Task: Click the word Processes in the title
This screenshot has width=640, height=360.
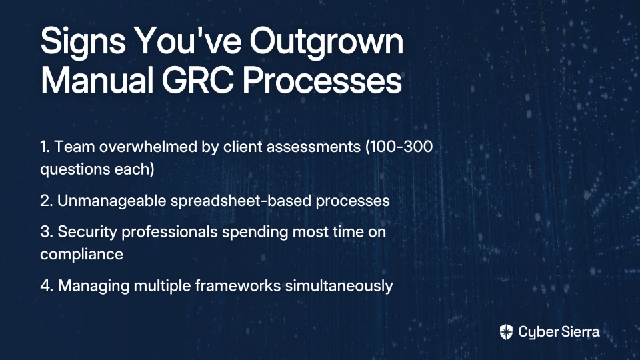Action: click(x=322, y=80)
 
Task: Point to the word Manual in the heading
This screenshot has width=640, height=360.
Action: click(x=97, y=80)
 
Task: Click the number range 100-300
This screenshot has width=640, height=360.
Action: click(x=399, y=147)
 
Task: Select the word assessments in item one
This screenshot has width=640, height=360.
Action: click(x=313, y=147)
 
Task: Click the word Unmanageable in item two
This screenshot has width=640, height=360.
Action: click(x=111, y=201)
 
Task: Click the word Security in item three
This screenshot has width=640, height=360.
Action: click(x=87, y=232)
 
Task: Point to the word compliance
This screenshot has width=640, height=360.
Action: click(x=81, y=255)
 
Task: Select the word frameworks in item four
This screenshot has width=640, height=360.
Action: click(x=237, y=286)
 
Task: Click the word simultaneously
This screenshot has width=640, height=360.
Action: click(x=339, y=286)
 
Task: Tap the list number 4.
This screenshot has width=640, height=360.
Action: click(x=47, y=286)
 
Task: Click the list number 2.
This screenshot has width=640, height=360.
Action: click(x=47, y=201)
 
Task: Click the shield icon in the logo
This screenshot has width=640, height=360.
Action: click(x=506, y=332)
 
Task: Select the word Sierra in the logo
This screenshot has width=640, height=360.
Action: click(x=579, y=332)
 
